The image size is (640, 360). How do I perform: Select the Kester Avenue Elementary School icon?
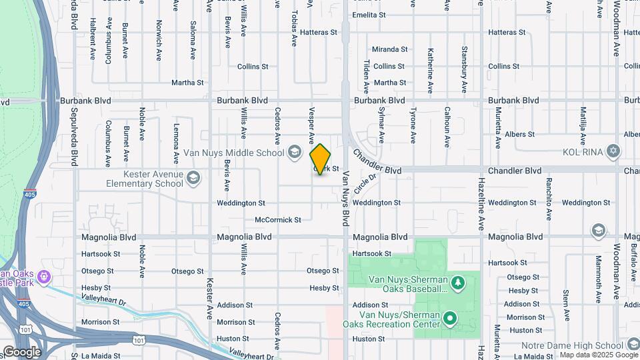pos(193,177)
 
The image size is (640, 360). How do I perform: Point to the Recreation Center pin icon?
pos(450,318)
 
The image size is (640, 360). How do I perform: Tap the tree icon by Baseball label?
pos(458,283)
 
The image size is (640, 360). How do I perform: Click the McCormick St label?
pos(278,219)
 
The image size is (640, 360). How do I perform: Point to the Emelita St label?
pos(369,15)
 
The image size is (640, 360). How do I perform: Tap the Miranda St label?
pos(390,49)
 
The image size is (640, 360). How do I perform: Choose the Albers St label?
pos(520,134)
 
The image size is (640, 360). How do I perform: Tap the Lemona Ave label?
pos(177,143)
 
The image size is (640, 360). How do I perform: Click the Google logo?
pos(22,351)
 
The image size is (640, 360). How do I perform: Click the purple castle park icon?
pos(45,276)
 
